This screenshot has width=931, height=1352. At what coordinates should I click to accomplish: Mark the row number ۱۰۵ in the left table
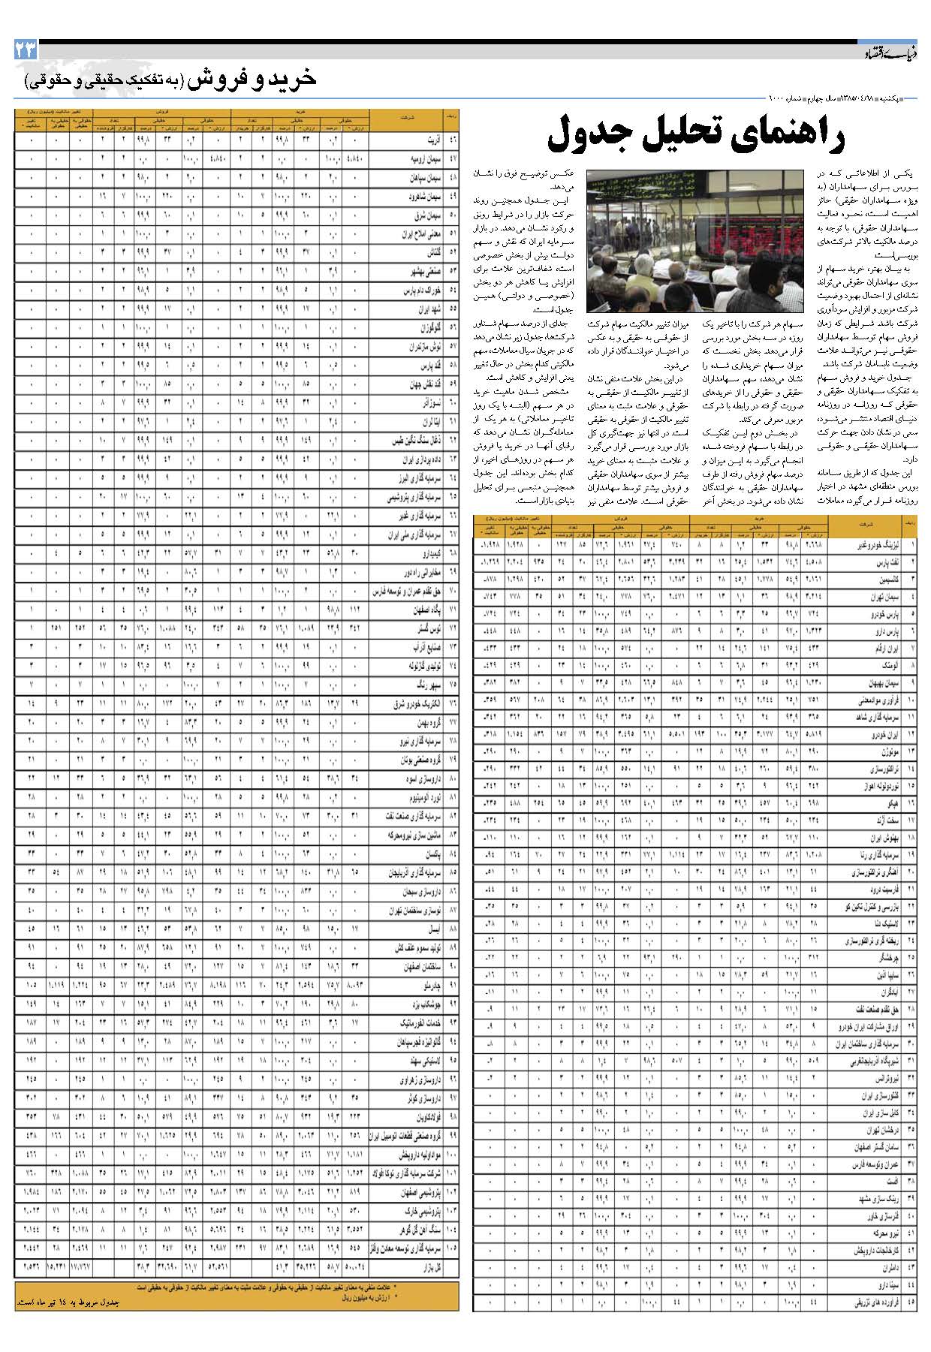(x=450, y=1248)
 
